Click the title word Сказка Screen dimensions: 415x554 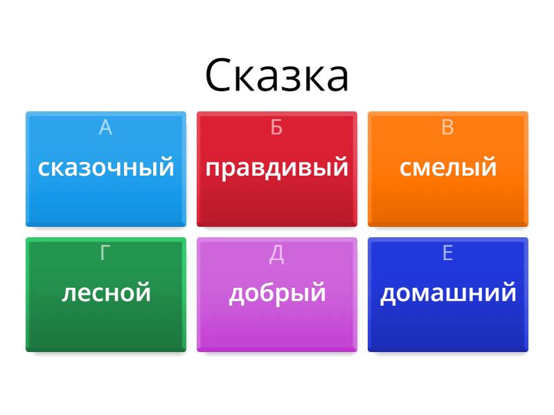point(277,76)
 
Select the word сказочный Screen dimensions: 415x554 point(106,167)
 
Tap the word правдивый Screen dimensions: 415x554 point(277,167)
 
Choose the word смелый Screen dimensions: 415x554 point(448,167)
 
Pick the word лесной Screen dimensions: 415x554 point(106,293)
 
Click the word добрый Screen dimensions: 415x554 point(277,293)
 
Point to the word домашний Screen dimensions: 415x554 point(448,293)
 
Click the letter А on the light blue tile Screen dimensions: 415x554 point(105,127)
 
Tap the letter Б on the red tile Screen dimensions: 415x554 point(276,127)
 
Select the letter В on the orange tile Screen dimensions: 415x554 point(447,127)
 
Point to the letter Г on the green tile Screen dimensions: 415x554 point(105,253)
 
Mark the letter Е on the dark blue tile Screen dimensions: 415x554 point(447,253)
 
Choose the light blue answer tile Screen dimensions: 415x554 point(106,201)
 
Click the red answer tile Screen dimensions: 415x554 point(277,201)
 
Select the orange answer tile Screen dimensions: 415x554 point(448,201)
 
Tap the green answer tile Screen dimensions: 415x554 point(106,325)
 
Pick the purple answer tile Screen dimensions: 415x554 point(277,325)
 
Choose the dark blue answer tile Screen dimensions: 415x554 point(448,325)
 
